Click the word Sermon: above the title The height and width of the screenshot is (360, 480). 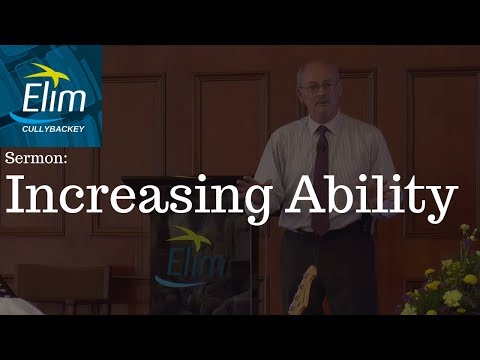33,159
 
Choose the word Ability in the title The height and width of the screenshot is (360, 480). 366,199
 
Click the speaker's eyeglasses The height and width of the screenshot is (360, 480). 315,87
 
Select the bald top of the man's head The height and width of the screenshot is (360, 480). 318,68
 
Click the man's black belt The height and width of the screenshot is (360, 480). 320,232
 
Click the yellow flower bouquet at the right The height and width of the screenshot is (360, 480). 445,285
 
